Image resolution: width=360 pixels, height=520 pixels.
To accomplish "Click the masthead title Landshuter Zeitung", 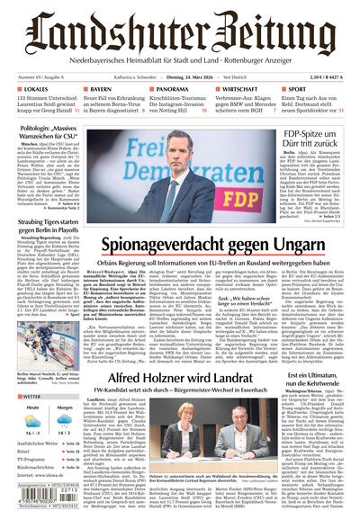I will tap(180, 27).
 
